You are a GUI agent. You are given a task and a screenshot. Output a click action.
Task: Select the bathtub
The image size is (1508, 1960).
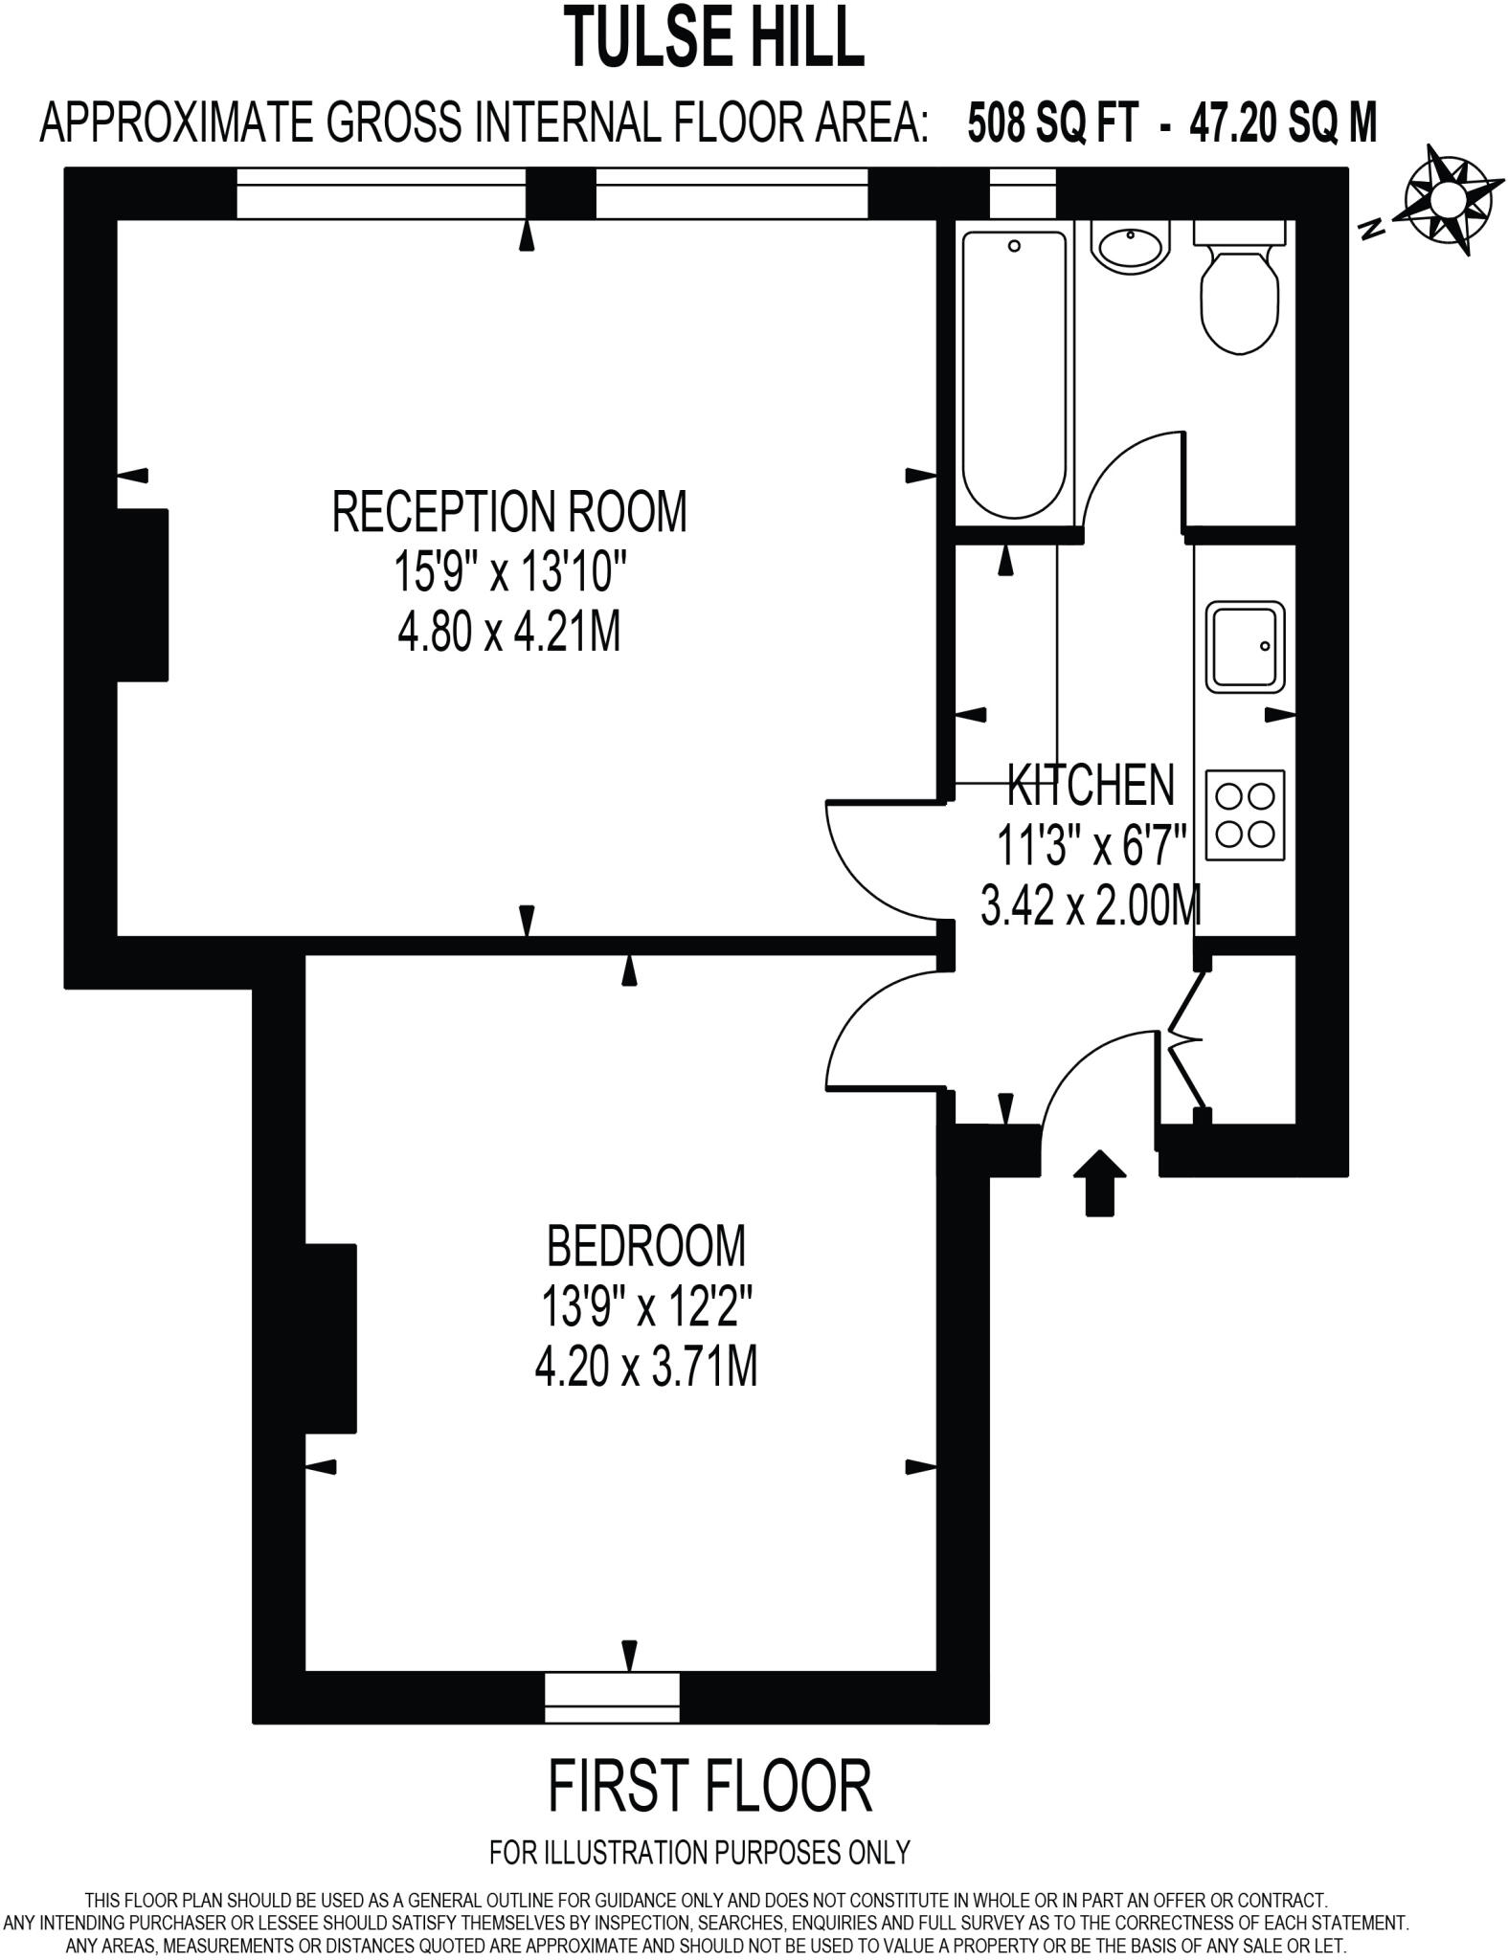point(1014,373)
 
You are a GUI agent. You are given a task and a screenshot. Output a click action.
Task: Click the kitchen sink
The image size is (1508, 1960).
point(1244,646)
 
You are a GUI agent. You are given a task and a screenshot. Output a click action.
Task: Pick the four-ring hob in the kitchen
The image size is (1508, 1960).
point(1245,813)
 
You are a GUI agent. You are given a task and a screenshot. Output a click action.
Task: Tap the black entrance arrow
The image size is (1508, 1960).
point(1099,1183)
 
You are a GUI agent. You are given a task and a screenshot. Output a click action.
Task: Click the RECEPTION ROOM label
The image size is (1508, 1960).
point(509,511)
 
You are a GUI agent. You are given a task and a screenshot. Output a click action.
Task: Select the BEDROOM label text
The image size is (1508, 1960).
point(646,1246)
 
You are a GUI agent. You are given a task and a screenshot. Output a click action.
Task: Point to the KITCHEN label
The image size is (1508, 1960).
point(1092,785)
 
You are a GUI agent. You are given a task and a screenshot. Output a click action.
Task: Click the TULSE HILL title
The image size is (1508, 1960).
point(713,36)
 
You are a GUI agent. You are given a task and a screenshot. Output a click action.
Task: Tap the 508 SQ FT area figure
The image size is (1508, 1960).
point(1053,122)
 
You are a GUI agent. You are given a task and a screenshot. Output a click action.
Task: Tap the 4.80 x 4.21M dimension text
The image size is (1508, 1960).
point(509,633)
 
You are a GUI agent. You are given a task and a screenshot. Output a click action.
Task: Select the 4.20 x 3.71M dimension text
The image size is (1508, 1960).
point(646,1368)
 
